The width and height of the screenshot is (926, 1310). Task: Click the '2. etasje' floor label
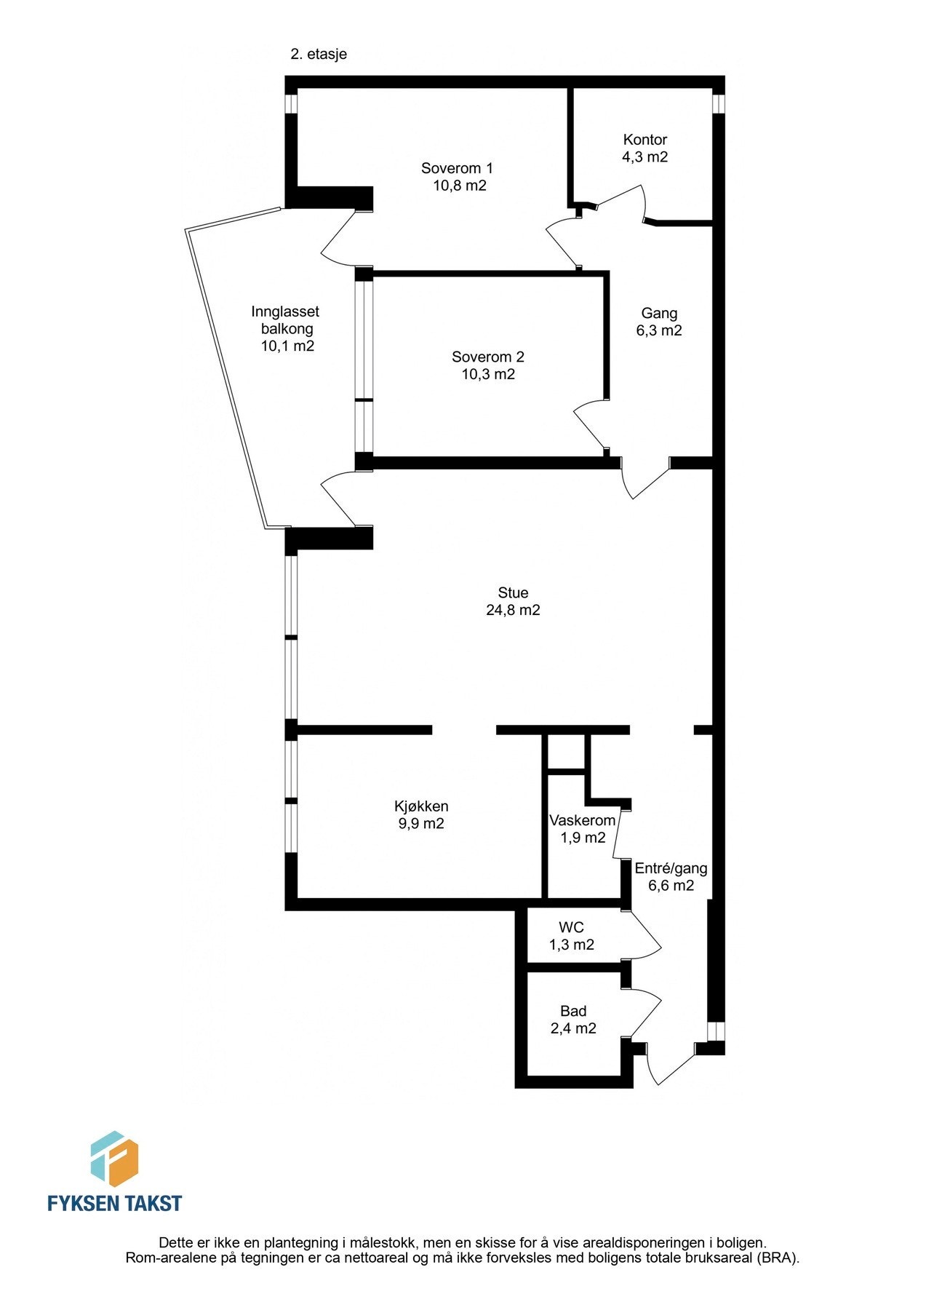(x=319, y=54)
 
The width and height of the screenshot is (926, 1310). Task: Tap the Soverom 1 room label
(x=457, y=168)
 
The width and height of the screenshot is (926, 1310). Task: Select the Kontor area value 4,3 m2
(x=644, y=156)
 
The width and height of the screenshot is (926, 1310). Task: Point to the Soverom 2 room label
(x=487, y=357)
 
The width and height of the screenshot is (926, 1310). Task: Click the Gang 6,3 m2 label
(x=659, y=322)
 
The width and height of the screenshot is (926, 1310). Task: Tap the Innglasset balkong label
(x=286, y=328)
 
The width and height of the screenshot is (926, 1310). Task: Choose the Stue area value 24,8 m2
(x=513, y=610)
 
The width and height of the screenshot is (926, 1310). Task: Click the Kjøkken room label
(x=421, y=806)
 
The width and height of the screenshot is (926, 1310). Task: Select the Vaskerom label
(x=582, y=820)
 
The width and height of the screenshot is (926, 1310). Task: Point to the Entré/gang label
(x=671, y=868)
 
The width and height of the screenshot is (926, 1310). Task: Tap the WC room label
(x=571, y=928)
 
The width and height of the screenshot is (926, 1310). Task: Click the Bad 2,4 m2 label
(x=573, y=1020)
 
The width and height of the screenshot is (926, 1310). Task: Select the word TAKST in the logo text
(x=151, y=1203)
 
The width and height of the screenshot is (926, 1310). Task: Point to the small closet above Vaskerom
(x=566, y=752)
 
